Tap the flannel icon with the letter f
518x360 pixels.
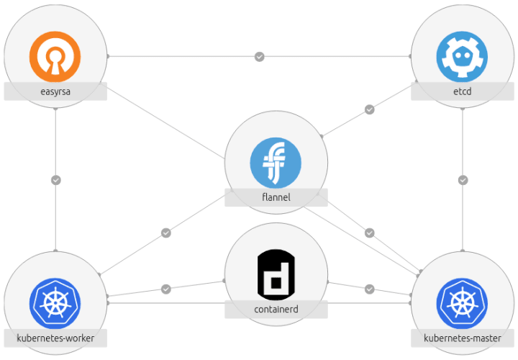(x=276, y=163)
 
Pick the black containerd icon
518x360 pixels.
(x=276, y=274)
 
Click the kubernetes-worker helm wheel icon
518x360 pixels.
(x=55, y=303)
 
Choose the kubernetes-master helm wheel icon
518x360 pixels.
(x=462, y=303)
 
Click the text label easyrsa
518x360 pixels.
(x=55, y=91)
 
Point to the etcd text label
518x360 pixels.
(x=463, y=91)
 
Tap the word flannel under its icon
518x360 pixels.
(x=276, y=197)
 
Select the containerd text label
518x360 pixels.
(x=276, y=310)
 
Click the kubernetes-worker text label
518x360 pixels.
(x=55, y=338)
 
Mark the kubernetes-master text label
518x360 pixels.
(x=463, y=338)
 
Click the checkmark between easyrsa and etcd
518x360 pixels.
(x=260, y=56)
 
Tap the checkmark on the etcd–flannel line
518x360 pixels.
(x=369, y=109)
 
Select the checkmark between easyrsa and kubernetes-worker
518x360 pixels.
(x=55, y=180)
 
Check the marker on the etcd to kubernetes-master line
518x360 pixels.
(x=463, y=180)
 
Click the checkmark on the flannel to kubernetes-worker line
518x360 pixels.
(x=166, y=233)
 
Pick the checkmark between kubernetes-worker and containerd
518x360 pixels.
(x=166, y=289)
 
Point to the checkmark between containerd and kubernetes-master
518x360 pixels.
(x=369, y=289)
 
